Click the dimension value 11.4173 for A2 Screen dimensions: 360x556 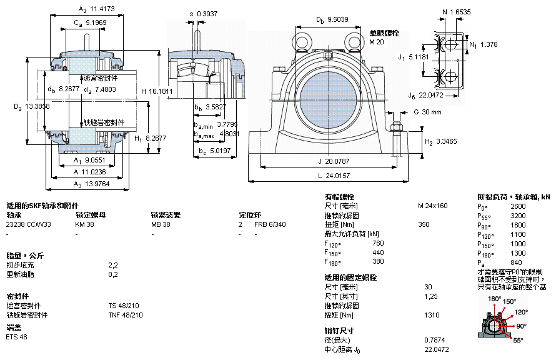104,9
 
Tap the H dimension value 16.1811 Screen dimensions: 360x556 161,91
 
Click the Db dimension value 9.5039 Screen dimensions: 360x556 337,19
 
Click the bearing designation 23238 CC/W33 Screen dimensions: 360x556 29,224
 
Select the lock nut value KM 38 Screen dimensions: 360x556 85,224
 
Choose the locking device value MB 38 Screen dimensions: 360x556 161,224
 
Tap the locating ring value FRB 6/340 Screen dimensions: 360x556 270,224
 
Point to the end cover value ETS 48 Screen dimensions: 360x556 17,337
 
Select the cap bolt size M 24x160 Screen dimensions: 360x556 432,206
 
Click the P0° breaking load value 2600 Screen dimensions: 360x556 518,206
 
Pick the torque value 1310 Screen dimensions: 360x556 432,315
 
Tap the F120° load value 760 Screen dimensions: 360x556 378,243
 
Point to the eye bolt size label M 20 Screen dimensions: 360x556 376,42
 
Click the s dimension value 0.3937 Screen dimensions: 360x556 204,13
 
